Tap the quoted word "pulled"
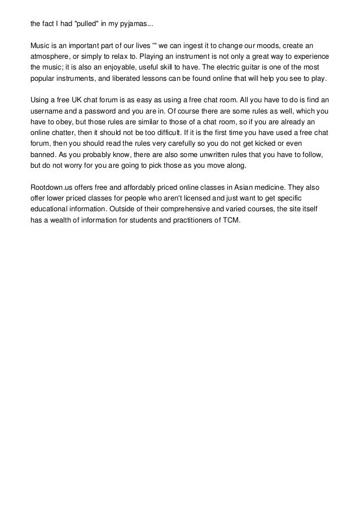90,25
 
